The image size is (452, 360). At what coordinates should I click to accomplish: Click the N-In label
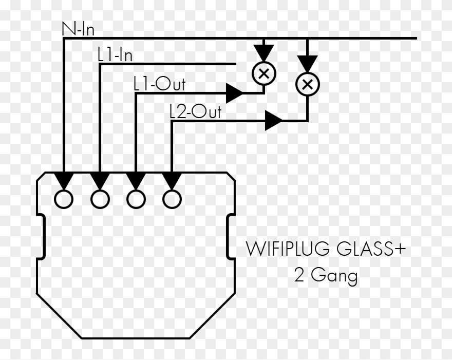[78, 29]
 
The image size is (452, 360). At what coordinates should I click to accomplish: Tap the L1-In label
[115, 55]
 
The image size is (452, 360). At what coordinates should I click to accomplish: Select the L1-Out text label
[159, 84]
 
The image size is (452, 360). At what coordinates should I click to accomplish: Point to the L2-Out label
[195, 111]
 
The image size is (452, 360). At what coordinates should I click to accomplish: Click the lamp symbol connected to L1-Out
[263, 73]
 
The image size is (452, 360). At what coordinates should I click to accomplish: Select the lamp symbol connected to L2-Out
[307, 84]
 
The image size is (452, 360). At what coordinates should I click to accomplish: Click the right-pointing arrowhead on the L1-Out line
[234, 93]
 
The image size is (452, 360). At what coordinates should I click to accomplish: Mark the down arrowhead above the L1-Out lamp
[263, 52]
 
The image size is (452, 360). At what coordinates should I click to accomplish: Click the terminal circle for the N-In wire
[64, 199]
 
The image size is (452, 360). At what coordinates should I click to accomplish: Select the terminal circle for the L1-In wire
[100, 199]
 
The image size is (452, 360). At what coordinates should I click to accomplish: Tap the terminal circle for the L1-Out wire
[136, 199]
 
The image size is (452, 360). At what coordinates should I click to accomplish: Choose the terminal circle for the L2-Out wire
[172, 199]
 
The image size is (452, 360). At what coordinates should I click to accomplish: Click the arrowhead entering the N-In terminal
[64, 180]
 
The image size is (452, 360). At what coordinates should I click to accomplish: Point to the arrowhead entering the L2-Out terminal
[172, 180]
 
